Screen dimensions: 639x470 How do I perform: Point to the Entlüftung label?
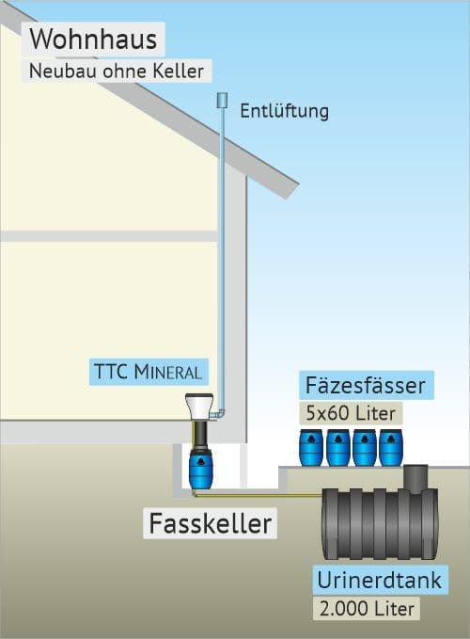tap(285, 110)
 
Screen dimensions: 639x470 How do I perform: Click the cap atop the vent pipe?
tap(223, 99)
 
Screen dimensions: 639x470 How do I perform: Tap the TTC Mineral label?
tap(148, 370)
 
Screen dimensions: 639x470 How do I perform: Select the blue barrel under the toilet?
tap(200, 467)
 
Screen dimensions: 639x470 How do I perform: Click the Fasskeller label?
tap(211, 523)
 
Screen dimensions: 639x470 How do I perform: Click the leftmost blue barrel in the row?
tap(311, 447)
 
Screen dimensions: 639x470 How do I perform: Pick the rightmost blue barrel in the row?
tap(391, 447)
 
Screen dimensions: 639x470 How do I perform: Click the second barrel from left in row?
tap(337, 447)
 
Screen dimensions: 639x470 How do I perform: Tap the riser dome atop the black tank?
tap(417, 477)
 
